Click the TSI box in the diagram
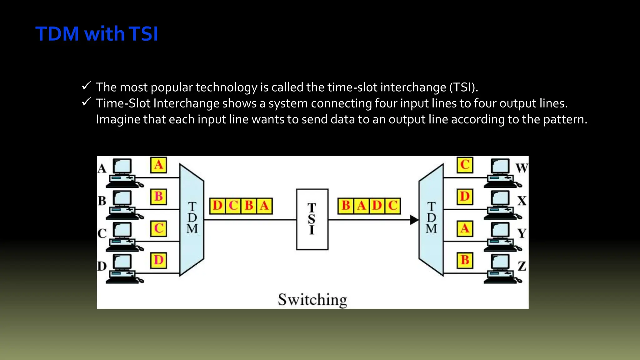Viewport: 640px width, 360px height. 312,219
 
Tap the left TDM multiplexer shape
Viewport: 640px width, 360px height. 192,219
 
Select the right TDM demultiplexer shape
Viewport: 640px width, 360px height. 431,219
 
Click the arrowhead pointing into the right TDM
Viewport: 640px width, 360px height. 414,220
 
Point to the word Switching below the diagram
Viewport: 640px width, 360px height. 312,300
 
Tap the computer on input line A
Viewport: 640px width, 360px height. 123,173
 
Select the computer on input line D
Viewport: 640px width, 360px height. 123,269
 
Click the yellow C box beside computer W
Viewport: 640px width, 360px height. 465,165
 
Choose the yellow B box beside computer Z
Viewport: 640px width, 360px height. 465,260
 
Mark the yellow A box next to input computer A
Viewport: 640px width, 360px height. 158,165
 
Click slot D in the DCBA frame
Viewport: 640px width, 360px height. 217,206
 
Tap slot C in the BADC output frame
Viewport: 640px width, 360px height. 393,206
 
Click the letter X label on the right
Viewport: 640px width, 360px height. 522,201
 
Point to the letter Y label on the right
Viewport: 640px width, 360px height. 522,233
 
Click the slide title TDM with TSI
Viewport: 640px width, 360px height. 97,34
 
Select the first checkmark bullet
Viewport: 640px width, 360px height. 86,86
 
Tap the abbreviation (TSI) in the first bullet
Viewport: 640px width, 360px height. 463,87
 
